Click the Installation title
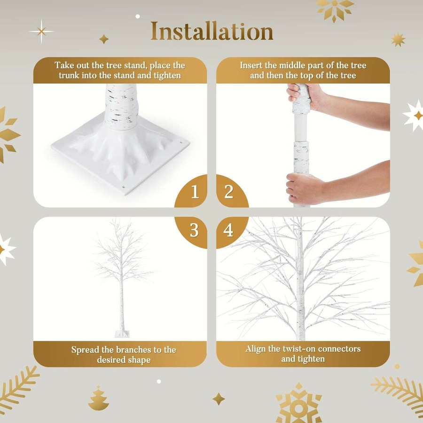coord(211,31)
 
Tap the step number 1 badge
coord(195,192)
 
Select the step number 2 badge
coord(228,192)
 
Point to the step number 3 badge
coord(195,231)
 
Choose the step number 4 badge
coord(228,231)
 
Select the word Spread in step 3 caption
coord(85,350)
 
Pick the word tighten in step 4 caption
coord(310,359)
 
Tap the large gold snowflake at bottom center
coord(299,403)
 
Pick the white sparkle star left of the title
coord(41,31)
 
